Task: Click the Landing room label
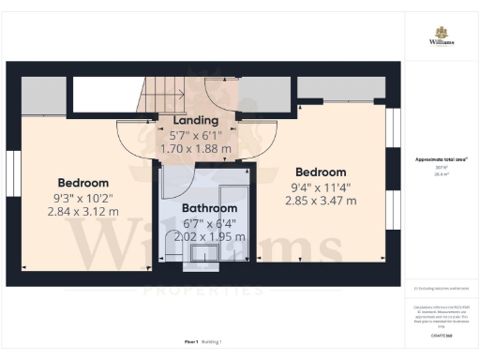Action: click(x=196, y=120)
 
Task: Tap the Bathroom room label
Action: click(x=207, y=208)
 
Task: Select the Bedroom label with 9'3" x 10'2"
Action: click(x=82, y=183)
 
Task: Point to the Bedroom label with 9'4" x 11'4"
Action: click(x=321, y=172)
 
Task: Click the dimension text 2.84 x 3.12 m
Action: click(x=82, y=212)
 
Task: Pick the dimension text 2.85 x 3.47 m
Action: click(x=321, y=201)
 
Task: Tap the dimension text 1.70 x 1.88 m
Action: click(x=196, y=147)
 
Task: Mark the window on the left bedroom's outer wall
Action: click(x=13, y=176)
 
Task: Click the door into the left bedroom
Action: click(x=134, y=139)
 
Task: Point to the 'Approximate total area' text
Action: click(x=442, y=159)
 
